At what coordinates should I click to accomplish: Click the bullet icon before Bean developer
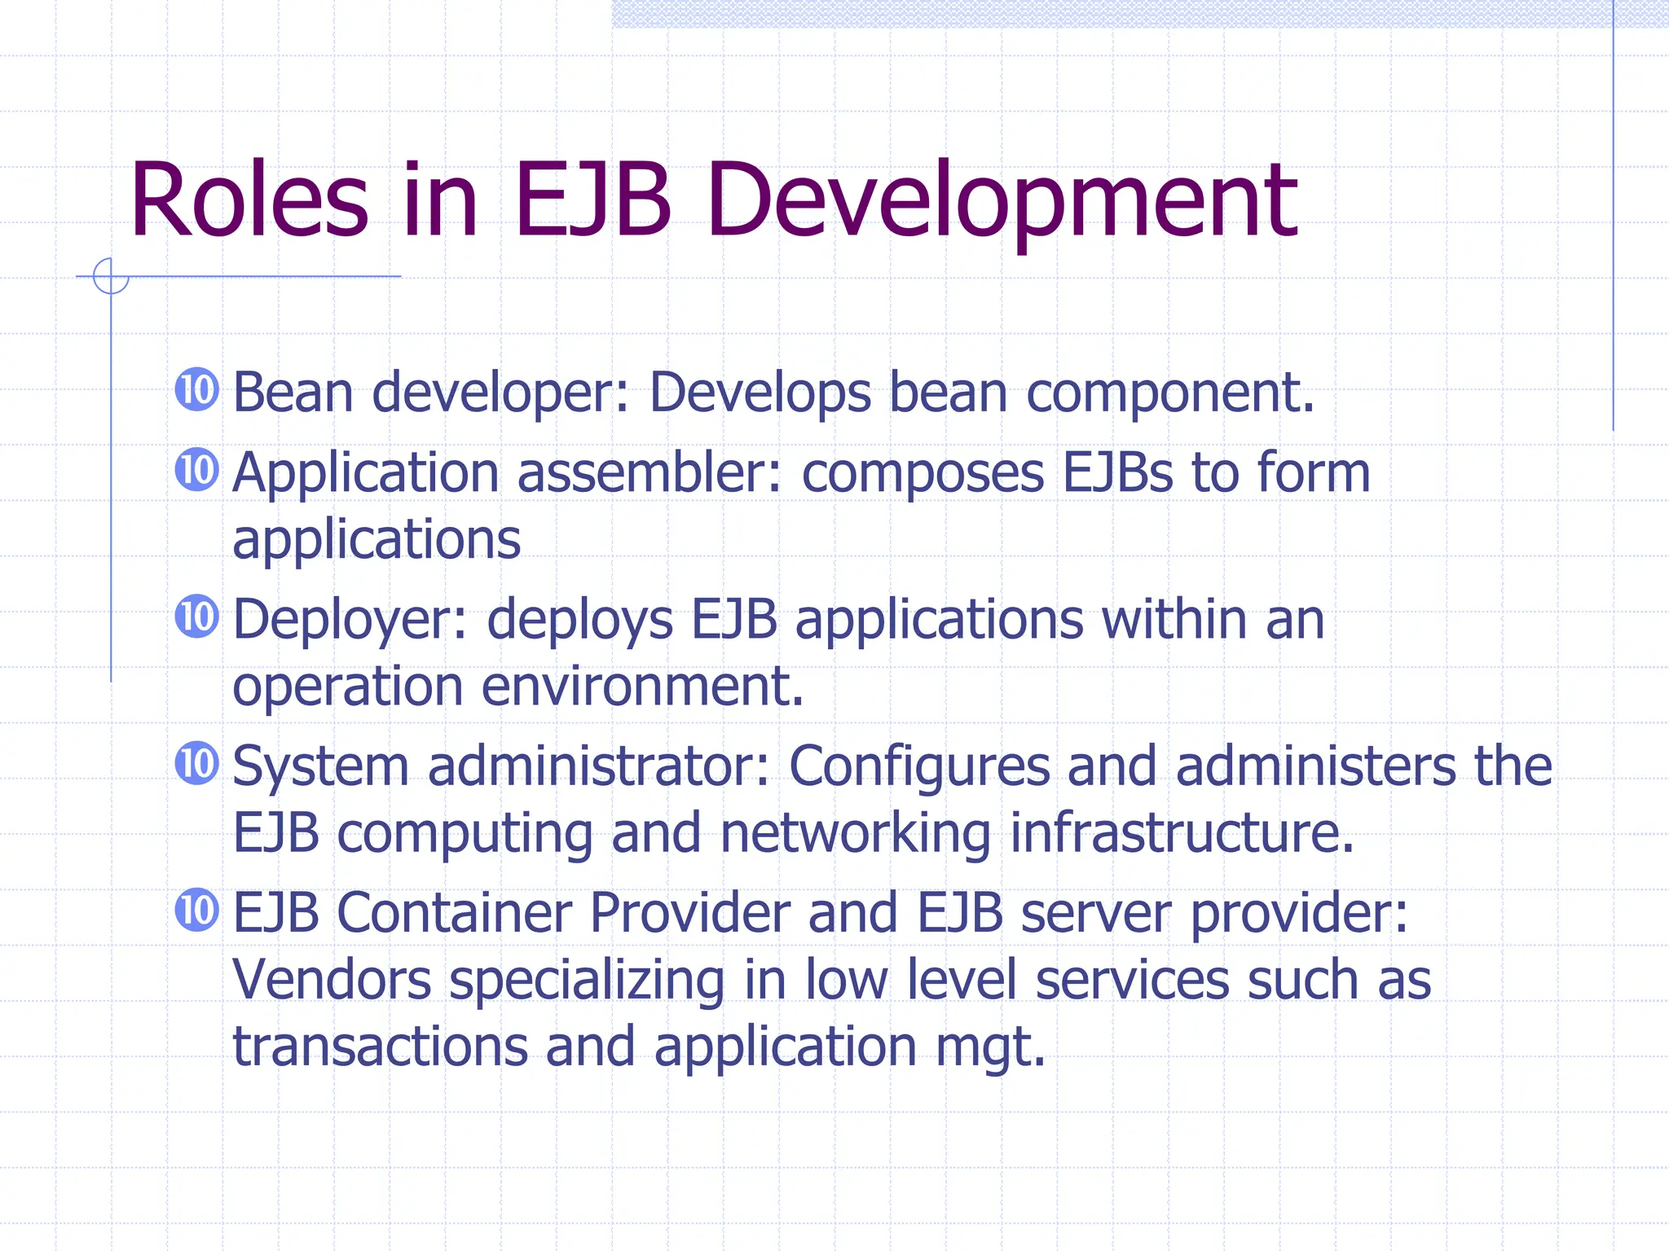(x=197, y=389)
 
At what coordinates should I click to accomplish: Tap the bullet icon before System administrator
(x=197, y=763)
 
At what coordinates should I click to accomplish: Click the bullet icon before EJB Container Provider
(x=197, y=910)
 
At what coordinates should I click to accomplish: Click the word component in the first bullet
(x=1169, y=394)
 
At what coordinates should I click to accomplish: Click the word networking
(x=856, y=835)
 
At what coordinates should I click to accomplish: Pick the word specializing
(x=587, y=981)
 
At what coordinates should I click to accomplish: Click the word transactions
(x=381, y=1046)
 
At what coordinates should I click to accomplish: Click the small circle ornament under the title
(x=110, y=276)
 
